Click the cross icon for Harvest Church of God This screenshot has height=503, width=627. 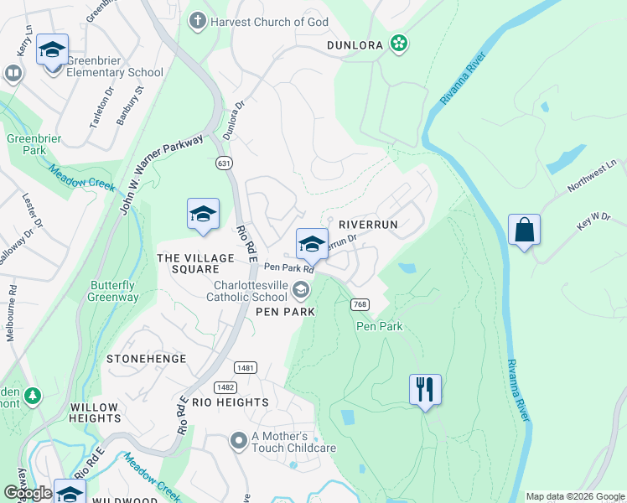coord(198,20)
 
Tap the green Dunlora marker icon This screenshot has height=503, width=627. coord(399,44)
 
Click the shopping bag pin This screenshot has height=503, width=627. coord(524,231)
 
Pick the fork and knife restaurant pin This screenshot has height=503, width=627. coord(425,390)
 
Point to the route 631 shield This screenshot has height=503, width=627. coord(223,162)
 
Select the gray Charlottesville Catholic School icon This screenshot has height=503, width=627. coord(300,290)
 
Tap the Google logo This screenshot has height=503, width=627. coord(27,493)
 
